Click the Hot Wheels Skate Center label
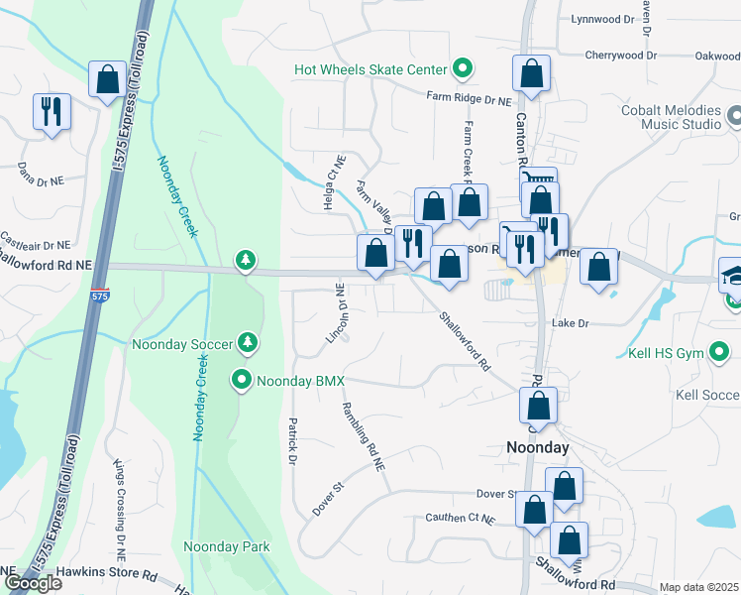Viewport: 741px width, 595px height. tap(370, 69)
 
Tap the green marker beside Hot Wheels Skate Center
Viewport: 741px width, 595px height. tap(461, 68)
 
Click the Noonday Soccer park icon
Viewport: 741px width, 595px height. tap(248, 344)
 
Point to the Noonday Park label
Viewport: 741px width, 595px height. tap(227, 546)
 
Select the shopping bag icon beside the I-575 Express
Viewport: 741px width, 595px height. tap(107, 79)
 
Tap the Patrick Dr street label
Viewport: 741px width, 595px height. tap(293, 441)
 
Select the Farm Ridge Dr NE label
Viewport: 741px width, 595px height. tap(469, 99)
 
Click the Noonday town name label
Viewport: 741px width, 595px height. tap(538, 448)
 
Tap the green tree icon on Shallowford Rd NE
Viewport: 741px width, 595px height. tap(245, 261)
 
